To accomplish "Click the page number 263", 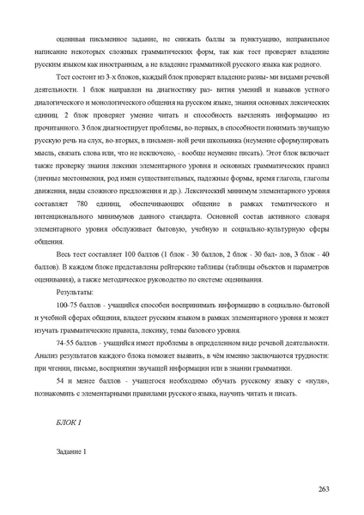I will point(324,488).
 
